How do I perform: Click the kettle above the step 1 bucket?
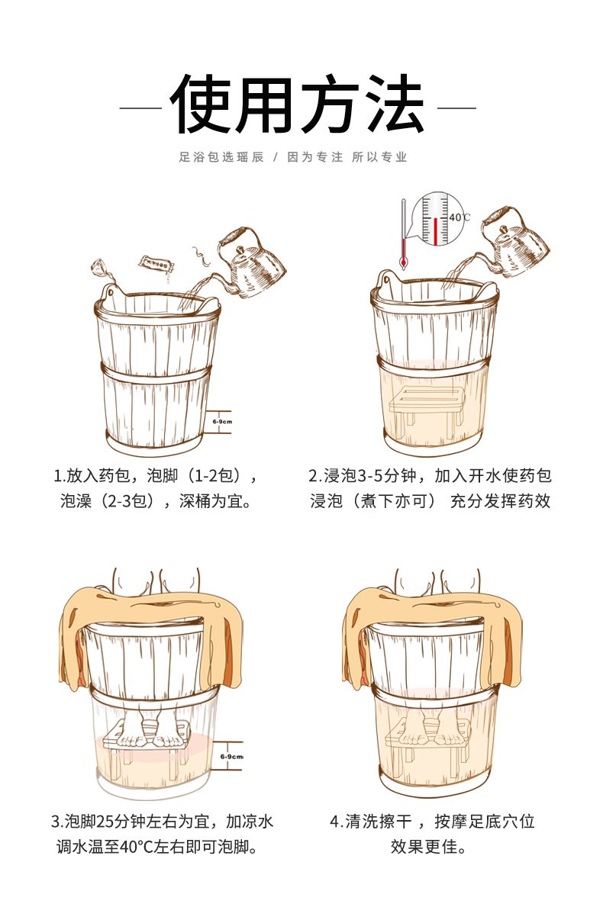tap(250, 263)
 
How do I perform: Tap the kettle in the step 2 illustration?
tap(515, 243)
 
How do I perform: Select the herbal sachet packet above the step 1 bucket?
tap(156, 264)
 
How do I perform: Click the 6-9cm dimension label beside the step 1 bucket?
tap(222, 421)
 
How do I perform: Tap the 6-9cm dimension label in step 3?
tap(231, 757)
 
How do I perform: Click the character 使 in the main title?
tap(201, 104)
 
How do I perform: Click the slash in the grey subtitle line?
tap(276, 157)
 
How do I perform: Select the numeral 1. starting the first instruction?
tap(60, 476)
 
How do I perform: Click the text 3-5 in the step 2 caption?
tap(370, 476)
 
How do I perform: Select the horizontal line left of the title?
tap(140, 108)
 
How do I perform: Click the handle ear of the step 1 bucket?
tap(109, 292)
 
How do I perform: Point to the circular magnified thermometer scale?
tap(436, 218)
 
